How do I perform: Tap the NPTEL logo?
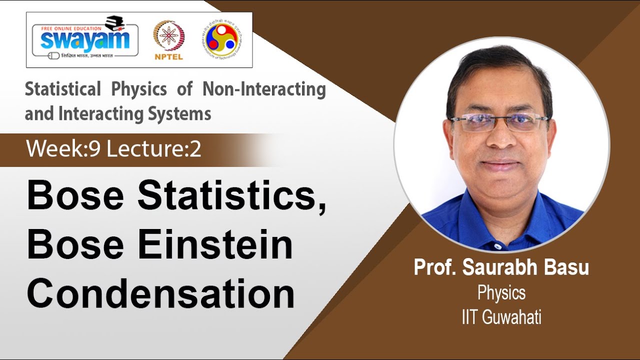pyautogui.click(x=168, y=40)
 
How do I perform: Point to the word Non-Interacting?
pyautogui.click(x=264, y=89)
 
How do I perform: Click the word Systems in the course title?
pyautogui.click(x=184, y=113)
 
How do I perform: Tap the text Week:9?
pyautogui.click(x=63, y=149)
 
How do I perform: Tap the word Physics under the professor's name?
pyautogui.click(x=501, y=292)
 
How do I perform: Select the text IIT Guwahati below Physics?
pyautogui.click(x=501, y=318)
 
